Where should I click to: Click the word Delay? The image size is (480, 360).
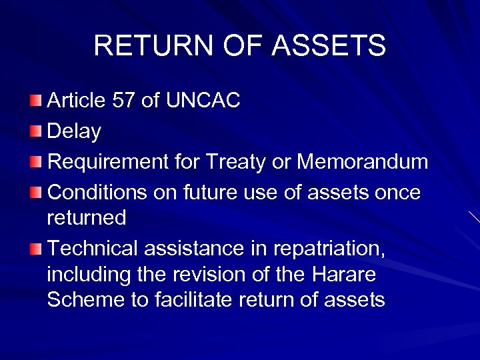75,131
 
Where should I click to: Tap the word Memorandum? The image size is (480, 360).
362,162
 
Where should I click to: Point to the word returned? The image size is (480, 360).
87,217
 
